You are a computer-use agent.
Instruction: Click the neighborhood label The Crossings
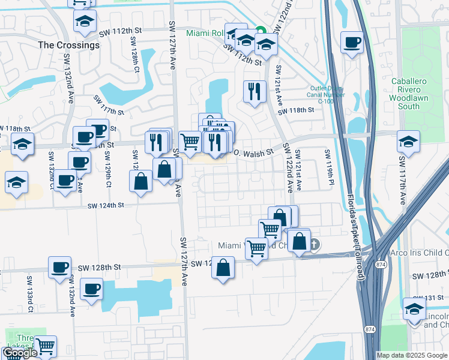(68, 45)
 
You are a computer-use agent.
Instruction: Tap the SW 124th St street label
(105, 206)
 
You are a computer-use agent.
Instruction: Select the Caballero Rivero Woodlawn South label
(413, 94)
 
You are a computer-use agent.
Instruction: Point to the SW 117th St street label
(108, 105)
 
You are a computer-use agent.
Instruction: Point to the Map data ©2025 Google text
(412, 355)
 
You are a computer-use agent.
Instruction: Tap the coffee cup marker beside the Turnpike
(352, 43)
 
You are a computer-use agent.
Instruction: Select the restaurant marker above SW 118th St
(255, 92)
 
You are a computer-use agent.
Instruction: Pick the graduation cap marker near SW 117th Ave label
(408, 143)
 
